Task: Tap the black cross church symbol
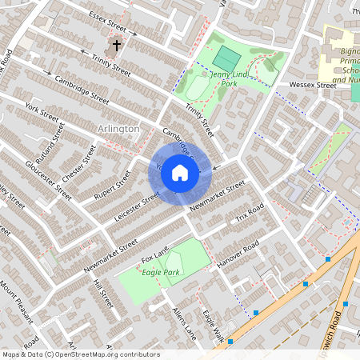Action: point(117,46)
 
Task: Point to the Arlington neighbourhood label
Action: point(118,129)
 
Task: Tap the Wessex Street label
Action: point(313,84)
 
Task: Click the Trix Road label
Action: point(249,214)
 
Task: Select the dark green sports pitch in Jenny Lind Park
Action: point(226,58)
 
